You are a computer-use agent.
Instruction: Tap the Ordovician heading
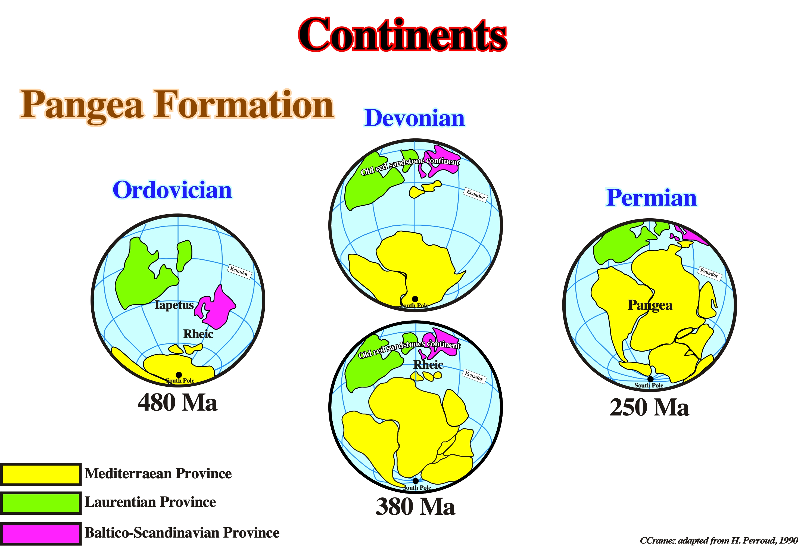(172, 190)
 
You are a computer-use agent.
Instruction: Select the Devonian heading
(415, 118)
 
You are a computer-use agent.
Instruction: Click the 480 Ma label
(177, 403)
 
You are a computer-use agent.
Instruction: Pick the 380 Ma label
(415, 507)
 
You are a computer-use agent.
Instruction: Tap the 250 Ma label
(649, 407)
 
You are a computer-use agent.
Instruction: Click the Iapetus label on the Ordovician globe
(174, 305)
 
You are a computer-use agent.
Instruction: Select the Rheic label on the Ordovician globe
(198, 334)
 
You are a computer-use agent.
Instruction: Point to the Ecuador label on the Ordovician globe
(239, 271)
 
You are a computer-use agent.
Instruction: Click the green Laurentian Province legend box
(40, 503)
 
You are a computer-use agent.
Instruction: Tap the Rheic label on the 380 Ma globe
(428, 365)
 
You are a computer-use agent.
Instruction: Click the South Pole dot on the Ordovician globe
(179, 375)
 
